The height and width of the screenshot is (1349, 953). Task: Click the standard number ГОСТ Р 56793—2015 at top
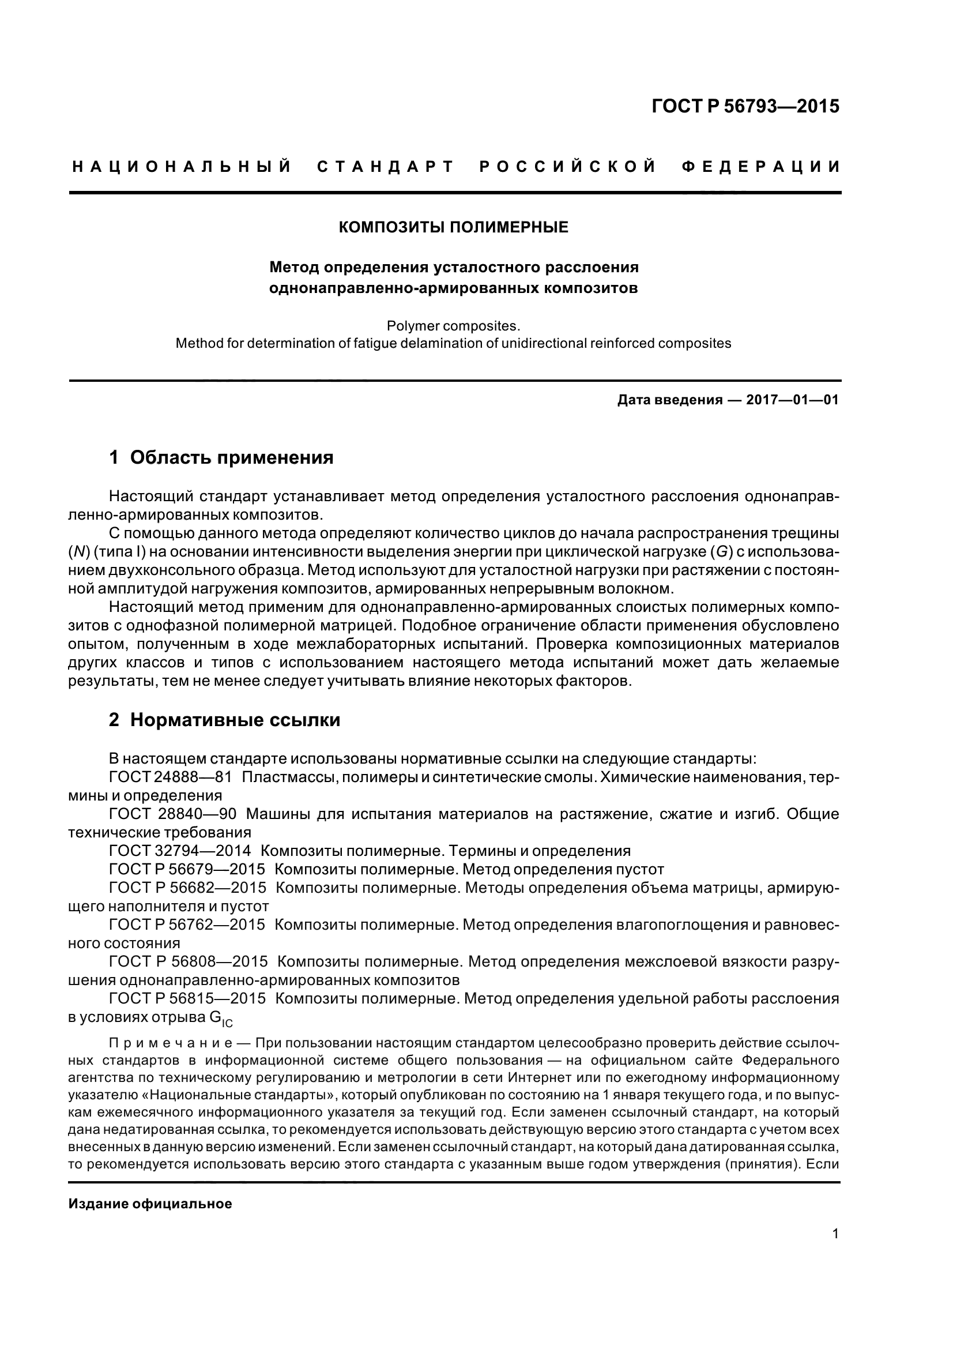pyautogui.click(x=745, y=106)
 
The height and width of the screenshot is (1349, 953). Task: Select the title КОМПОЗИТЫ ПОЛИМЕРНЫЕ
pyautogui.click(x=453, y=227)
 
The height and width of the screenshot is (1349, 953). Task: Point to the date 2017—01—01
pyautogui.click(x=792, y=401)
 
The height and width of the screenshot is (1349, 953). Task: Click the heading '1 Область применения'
pyautogui.click(x=221, y=457)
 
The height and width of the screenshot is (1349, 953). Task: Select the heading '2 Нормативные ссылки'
pyautogui.click(x=224, y=720)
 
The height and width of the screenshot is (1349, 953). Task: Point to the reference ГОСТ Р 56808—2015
pyautogui.click(x=188, y=961)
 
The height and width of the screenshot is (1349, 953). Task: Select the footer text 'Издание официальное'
pyautogui.click(x=150, y=1204)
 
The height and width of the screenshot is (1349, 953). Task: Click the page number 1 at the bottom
pyautogui.click(x=835, y=1250)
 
